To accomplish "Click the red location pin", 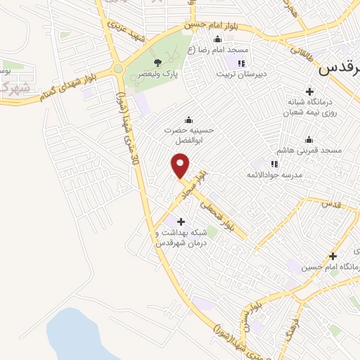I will tap(181, 166).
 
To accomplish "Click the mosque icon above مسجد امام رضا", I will tap(217, 39).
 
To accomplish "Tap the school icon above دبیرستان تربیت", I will tap(241, 63).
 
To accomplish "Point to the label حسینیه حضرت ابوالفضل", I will tap(187, 134).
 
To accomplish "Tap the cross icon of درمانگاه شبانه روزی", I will tap(309, 91).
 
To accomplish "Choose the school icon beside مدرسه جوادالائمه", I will tap(255, 164).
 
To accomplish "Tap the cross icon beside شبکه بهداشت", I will tap(182, 221).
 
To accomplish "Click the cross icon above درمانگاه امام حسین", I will tap(333, 256).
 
